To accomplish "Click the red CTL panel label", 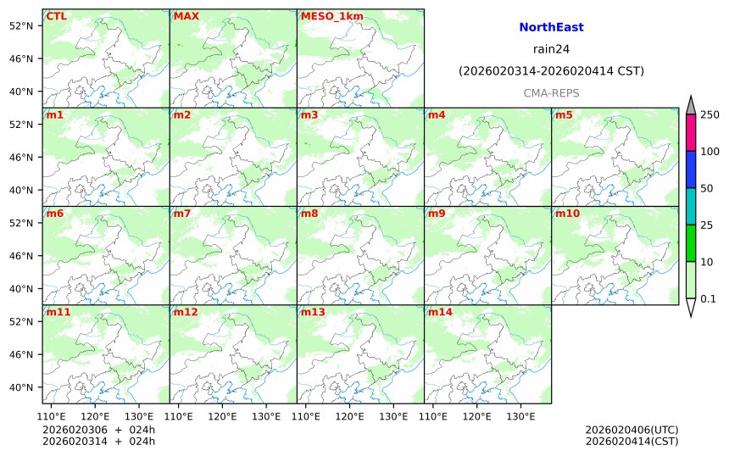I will point(56,16).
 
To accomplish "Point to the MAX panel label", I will point(186,16).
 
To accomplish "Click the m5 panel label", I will point(564,114).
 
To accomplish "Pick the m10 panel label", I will point(567,214).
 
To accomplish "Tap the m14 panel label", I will point(440,312).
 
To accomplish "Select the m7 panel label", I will point(182,214).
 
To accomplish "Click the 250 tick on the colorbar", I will point(710,114).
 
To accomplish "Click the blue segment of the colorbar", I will point(691,170).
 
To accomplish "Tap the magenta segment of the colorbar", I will point(691,132).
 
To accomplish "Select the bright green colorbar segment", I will point(691,242).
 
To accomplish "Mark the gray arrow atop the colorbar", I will point(691,105).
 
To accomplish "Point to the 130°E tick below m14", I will point(520,416).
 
